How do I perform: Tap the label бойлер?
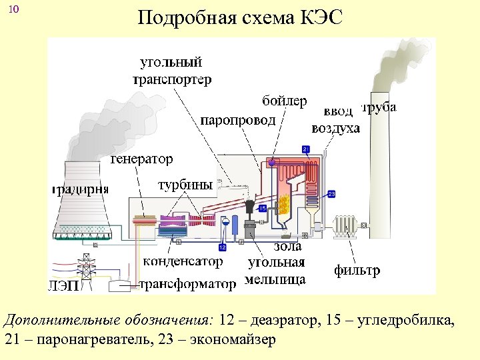(x=285, y=101)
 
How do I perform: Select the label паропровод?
(x=238, y=120)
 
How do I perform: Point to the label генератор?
(x=141, y=159)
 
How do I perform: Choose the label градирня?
(x=79, y=190)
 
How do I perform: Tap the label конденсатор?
(x=183, y=261)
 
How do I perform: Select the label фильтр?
(x=357, y=271)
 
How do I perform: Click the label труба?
(x=379, y=107)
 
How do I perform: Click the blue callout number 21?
(x=306, y=148)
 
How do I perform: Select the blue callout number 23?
(x=331, y=194)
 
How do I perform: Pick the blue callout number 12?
(x=222, y=247)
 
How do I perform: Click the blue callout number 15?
(x=262, y=209)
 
